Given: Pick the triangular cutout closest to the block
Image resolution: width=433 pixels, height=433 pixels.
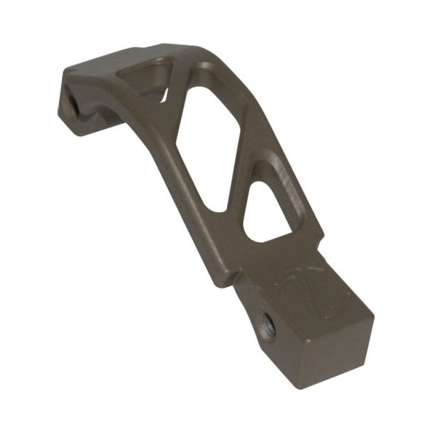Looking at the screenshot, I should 267,210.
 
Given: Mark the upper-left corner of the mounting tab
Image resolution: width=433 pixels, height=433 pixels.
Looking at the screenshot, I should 66,71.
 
